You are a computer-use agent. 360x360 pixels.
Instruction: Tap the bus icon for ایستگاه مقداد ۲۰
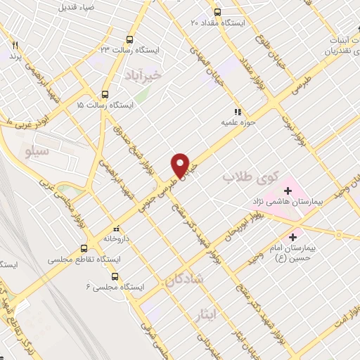217,12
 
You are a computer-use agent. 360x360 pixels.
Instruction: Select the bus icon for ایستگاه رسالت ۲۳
129,39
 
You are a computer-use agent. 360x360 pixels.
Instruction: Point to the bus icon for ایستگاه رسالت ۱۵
105,94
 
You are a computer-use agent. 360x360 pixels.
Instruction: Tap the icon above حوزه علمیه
238,110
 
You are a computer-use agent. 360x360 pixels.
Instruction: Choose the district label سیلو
37,150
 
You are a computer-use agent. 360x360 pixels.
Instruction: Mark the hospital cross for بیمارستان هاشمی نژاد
287,189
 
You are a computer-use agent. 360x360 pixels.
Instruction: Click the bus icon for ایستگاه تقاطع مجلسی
84,247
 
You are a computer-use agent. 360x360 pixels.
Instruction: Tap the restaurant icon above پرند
14,44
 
